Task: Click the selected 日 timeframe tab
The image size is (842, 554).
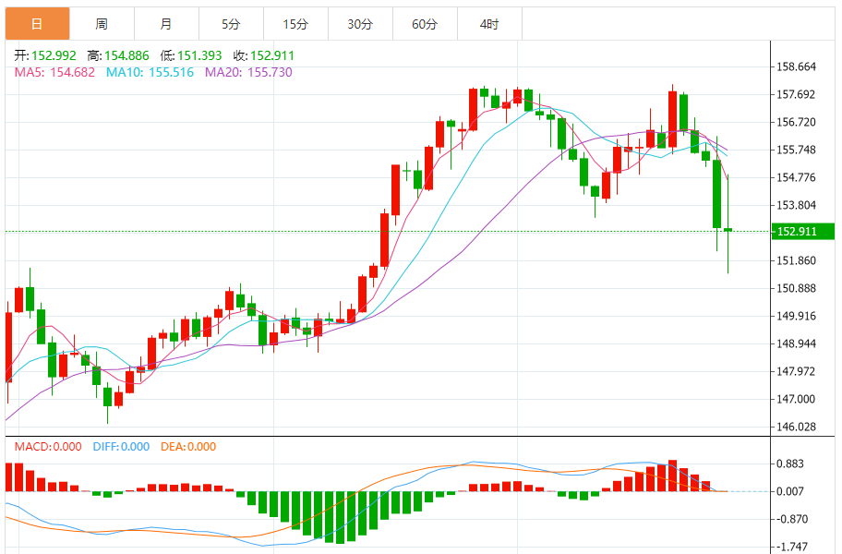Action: pyautogui.click(x=37, y=24)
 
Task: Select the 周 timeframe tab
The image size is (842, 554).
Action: pyautogui.click(x=101, y=24)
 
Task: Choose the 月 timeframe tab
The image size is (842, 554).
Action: pyautogui.click(x=165, y=24)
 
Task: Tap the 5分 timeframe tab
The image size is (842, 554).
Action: pyautogui.click(x=231, y=24)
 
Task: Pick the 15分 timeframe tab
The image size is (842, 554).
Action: pyautogui.click(x=295, y=24)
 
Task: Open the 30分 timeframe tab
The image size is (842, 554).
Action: pyautogui.click(x=360, y=24)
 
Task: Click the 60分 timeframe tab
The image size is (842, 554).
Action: pyautogui.click(x=425, y=24)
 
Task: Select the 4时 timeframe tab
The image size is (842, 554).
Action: pyautogui.click(x=489, y=24)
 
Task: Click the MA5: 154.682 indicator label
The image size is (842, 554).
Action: pyautogui.click(x=54, y=72)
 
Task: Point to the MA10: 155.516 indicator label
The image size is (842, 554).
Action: pyautogui.click(x=150, y=72)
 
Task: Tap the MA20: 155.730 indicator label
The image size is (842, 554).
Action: pyautogui.click(x=248, y=72)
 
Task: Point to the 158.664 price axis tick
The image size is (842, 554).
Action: pyautogui.click(x=797, y=66)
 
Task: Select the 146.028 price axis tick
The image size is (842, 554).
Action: pyautogui.click(x=797, y=427)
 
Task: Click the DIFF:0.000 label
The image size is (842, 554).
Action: pyautogui.click(x=121, y=447)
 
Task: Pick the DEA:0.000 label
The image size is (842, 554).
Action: pyautogui.click(x=188, y=447)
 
